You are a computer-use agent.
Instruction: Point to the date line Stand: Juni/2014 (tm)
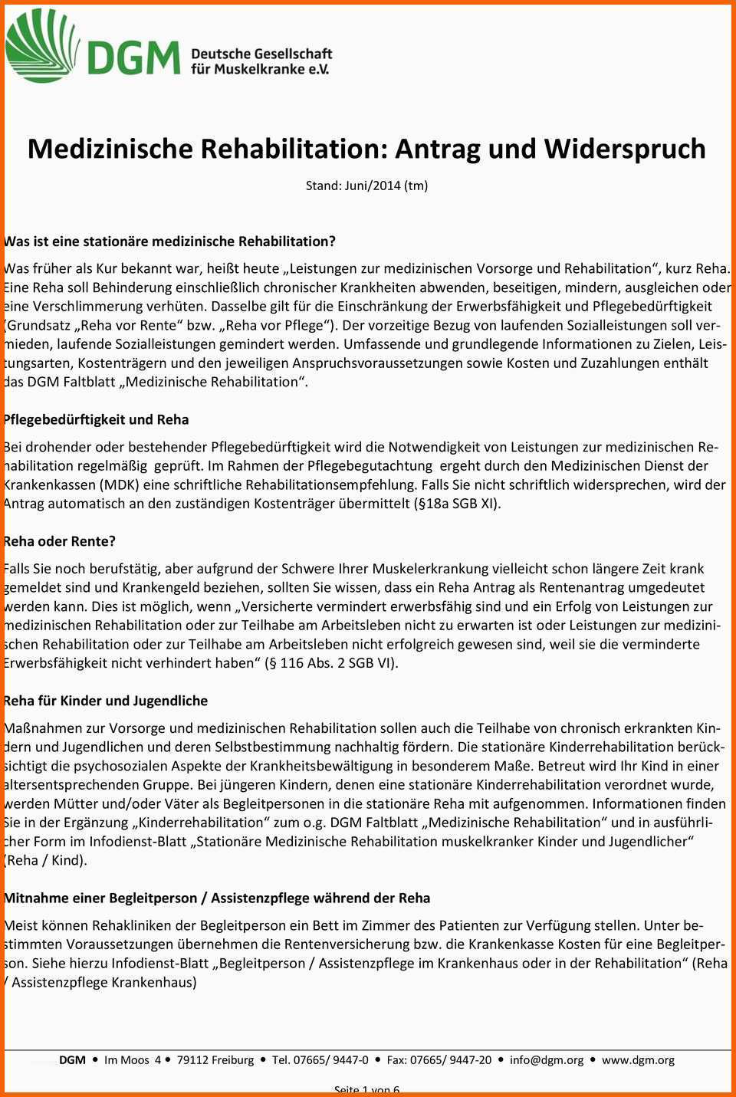366,186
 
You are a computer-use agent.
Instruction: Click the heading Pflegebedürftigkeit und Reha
97,420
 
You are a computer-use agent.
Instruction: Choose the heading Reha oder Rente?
60,542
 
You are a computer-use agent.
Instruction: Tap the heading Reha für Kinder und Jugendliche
106,701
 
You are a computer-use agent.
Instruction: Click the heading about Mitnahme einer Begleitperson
217,898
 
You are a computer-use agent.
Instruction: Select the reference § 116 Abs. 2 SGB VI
330,663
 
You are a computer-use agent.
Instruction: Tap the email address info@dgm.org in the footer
547,1060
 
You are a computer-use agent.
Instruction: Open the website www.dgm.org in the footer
638,1060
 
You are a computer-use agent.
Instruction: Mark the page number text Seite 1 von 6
367,1090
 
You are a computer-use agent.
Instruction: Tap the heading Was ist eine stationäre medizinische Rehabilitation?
170,241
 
